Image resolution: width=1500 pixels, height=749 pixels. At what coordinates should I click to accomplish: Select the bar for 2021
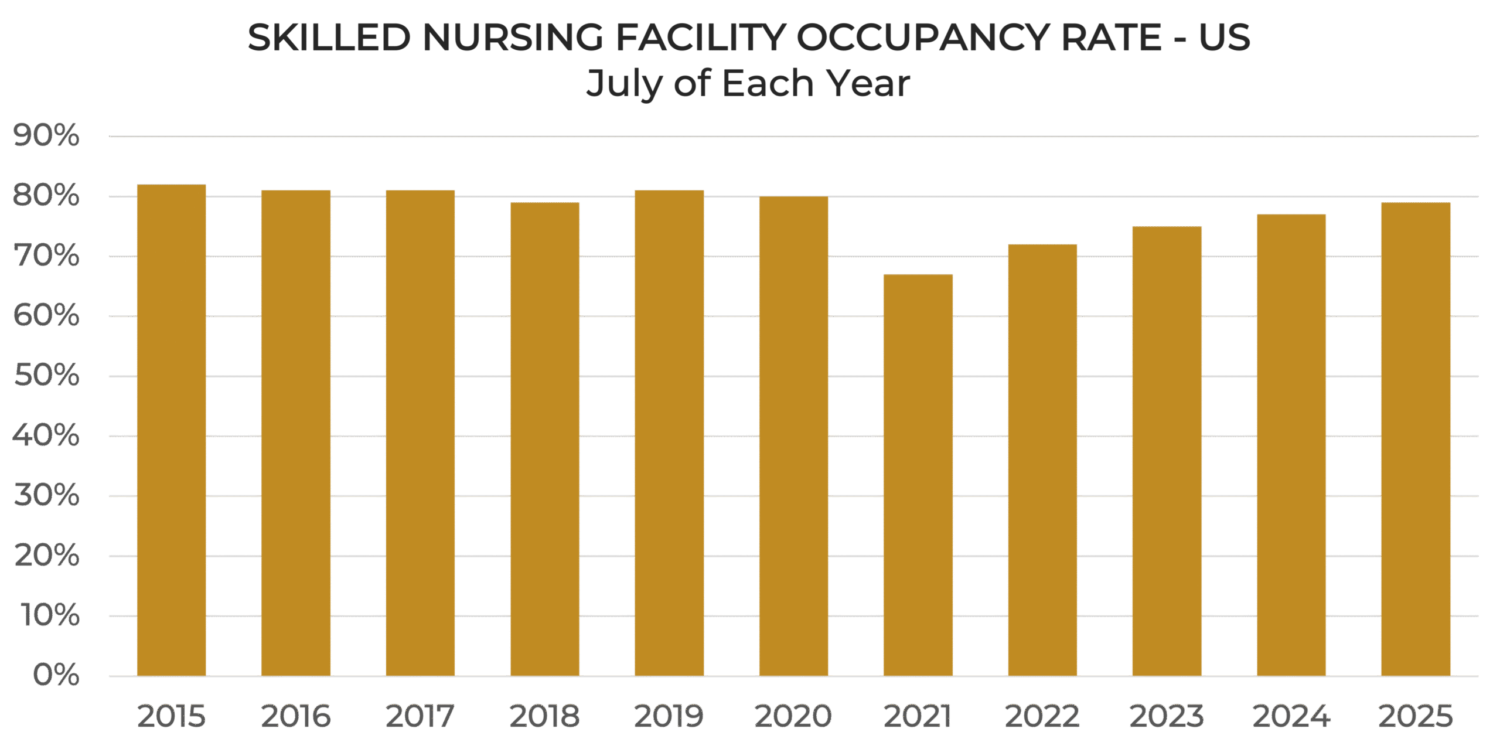click(918, 475)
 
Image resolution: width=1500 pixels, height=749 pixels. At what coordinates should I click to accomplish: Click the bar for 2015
click(171, 431)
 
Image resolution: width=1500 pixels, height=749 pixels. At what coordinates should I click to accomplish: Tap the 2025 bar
click(1416, 440)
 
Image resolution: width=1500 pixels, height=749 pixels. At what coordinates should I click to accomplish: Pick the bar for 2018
click(544, 440)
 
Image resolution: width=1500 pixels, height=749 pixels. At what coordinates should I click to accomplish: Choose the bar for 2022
click(1042, 460)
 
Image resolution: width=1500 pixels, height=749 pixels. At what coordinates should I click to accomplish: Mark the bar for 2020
click(793, 437)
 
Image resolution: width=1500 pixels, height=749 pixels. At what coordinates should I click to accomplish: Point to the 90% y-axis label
click(46, 136)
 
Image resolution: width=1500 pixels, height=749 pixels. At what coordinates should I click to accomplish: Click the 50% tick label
click(46, 375)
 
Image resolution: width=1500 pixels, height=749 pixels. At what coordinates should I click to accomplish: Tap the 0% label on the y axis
click(56, 675)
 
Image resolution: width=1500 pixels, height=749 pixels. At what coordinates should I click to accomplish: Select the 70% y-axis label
click(46, 256)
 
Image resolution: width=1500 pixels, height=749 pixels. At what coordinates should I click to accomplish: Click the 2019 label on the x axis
click(669, 716)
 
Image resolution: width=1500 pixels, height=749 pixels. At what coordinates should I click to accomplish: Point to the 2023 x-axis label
click(1166, 716)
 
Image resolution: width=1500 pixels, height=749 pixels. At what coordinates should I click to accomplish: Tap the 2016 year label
click(295, 716)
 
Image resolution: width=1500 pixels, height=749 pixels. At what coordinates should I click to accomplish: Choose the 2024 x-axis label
click(1291, 716)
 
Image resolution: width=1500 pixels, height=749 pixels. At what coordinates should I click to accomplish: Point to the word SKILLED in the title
click(329, 38)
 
